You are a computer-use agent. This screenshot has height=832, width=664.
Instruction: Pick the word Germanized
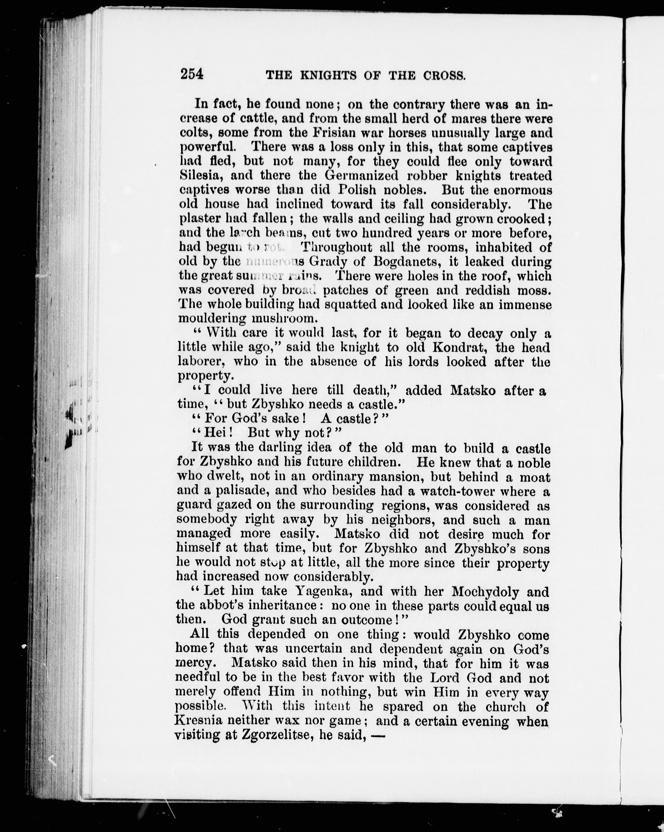(361, 176)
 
